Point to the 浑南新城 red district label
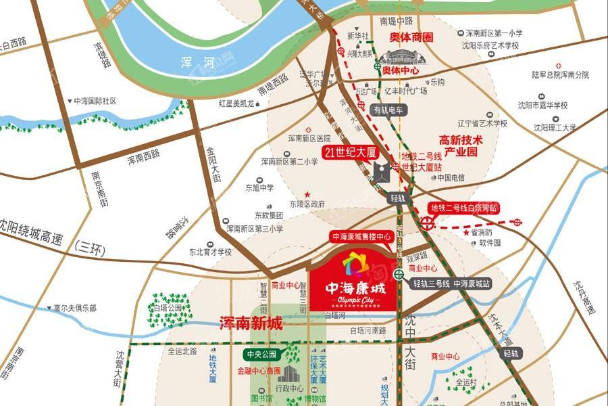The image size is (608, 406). (251, 324)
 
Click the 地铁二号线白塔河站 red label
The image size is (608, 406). (465, 207)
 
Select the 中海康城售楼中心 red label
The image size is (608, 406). (361, 237)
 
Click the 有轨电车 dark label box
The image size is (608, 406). (388, 109)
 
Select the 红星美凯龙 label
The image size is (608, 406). (236, 104)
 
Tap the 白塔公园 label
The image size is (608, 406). (169, 308)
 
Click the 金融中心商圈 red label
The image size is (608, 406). (259, 371)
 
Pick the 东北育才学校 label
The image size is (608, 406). (210, 252)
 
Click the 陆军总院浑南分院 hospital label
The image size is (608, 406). (560, 74)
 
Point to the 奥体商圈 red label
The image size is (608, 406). (411, 37)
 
